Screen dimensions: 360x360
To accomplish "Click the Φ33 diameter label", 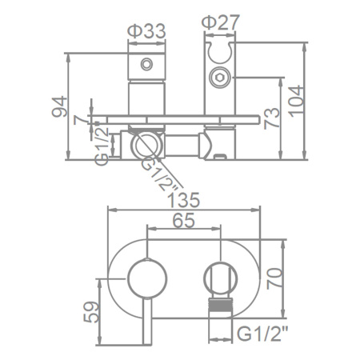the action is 146,31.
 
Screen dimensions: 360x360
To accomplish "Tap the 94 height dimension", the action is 59,106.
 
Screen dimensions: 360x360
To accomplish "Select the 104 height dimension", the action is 296,101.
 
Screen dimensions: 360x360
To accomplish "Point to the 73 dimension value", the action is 272,118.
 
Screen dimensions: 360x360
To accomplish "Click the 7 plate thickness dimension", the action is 80,121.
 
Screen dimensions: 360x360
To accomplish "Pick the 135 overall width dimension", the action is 183,200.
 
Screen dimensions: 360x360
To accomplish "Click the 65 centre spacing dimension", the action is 184,221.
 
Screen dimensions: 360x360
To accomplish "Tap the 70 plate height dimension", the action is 274,278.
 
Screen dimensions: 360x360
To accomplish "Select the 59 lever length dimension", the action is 91,312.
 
